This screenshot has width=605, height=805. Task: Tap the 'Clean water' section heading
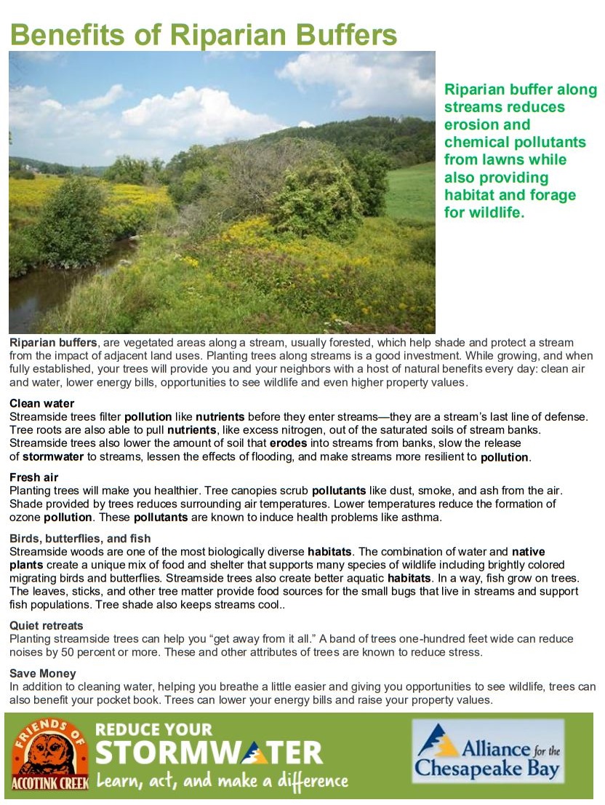41,403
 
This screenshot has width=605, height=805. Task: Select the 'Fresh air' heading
33,477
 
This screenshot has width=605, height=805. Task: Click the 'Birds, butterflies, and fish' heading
80,539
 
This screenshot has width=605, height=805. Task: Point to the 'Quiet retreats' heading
47,625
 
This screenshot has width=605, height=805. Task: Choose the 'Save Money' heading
42,673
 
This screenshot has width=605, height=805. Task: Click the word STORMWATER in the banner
209,753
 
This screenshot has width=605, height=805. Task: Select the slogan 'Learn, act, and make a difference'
222,781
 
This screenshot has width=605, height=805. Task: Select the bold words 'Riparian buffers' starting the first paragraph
52,342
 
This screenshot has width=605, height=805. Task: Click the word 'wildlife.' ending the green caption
494,213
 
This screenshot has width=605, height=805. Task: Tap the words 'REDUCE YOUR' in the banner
154,729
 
